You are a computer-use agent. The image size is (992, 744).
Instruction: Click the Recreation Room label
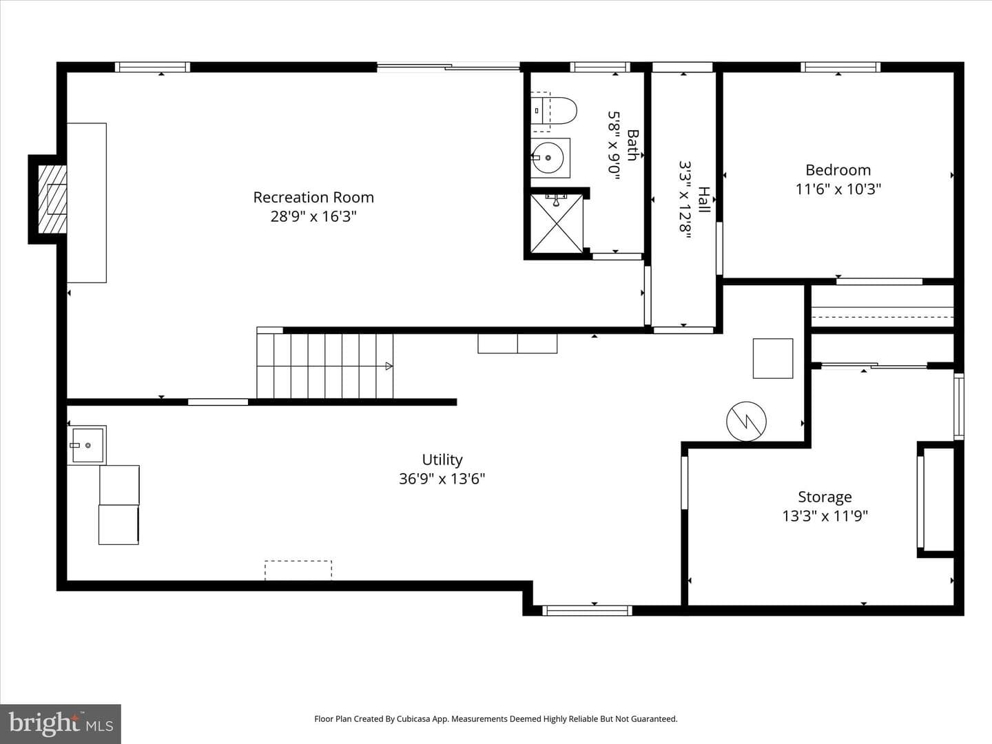point(313,198)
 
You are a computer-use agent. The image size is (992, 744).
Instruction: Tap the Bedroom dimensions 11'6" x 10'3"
point(838,189)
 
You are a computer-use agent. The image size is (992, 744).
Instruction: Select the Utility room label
point(442,460)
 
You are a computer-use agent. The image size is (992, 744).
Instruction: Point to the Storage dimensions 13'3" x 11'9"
point(825,516)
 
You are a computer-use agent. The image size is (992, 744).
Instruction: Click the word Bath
point(632,145)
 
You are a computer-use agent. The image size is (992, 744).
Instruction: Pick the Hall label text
point(704,199)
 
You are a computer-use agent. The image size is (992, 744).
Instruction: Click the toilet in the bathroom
point(554,111)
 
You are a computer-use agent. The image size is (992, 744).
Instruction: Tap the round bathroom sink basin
point(548,158)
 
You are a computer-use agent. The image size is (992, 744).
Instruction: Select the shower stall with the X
point(557,223)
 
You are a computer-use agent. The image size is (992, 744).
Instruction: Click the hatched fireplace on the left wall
point(52,199)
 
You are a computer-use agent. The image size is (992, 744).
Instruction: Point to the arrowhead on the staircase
point(389,366)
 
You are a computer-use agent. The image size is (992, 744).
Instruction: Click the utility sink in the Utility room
point(87,445)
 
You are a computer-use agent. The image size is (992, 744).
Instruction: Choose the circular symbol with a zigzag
point(746,422)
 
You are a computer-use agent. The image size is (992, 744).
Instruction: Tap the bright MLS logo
point(61,723)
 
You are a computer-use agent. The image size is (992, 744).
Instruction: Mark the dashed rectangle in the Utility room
point(298,570)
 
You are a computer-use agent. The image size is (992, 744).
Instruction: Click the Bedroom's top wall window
point(840,68)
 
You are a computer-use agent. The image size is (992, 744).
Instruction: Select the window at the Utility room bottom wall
point(587,611)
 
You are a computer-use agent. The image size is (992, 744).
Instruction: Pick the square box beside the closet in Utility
point(773,358)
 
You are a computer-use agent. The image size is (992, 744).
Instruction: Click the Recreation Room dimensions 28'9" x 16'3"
point(313,217)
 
